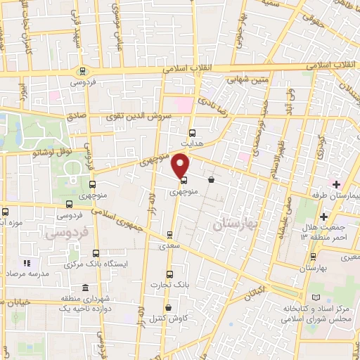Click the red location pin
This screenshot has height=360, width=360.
tap(181, 165)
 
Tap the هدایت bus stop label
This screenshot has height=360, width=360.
tap(192, 141)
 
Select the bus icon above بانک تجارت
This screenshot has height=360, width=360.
tap(168, 274)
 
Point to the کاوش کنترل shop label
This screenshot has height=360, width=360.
tap(167, 317)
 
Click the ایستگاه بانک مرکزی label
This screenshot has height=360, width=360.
tap(95, 264)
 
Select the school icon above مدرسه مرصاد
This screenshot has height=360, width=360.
tap(27, 262)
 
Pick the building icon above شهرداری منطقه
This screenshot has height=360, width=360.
tap(86, 288)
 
